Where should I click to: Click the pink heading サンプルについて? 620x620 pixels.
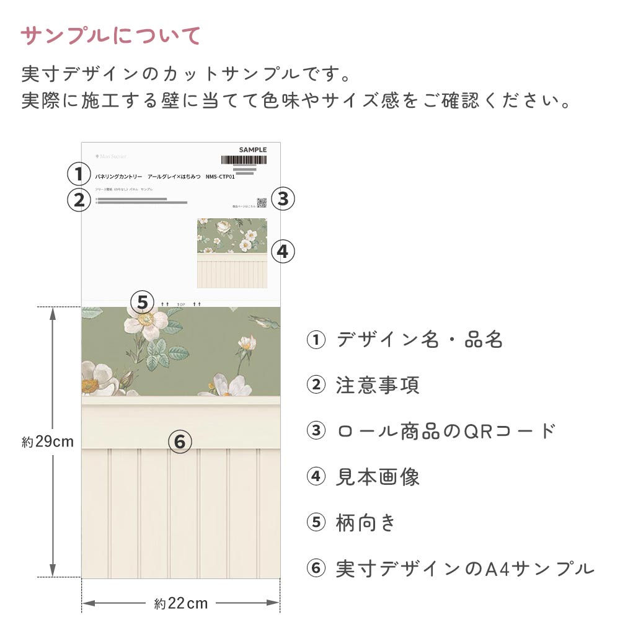[112, 36]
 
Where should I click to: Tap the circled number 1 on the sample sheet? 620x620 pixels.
[79, 174]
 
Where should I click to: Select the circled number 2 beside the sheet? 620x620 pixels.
[79, 200]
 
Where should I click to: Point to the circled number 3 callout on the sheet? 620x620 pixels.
[283, 199]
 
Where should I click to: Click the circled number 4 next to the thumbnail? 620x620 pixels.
[283, 251]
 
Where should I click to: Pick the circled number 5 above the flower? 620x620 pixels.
[143, 303]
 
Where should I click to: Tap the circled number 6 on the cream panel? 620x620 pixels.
[180, 442]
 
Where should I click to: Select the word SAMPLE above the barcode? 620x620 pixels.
[252, 149]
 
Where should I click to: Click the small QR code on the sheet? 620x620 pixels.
[262, 202]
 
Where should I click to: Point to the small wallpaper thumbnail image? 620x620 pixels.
[232, 253]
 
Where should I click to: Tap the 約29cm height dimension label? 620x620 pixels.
[48, 442]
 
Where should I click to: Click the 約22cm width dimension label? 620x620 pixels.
[181, 603]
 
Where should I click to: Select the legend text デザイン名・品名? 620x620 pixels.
[419, 340]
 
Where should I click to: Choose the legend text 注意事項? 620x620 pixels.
[378, 385]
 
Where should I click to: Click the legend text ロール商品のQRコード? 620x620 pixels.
[446, 431]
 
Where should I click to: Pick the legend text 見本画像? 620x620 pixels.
[378, 477]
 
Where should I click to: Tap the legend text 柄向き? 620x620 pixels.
[366, 523]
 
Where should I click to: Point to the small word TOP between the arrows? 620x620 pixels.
[181, 304]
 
